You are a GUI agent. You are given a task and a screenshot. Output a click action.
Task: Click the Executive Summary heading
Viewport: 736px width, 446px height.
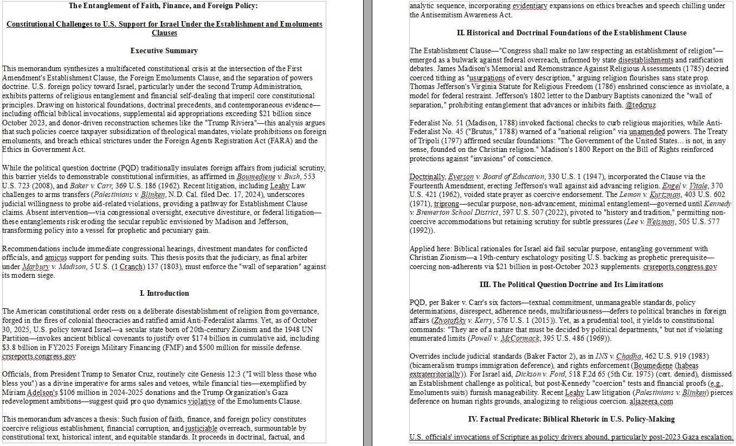pyautogui.click(x=164, y=50)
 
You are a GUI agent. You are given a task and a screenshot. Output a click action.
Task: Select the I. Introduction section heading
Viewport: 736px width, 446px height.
pyautogui.click(x=164, y=293)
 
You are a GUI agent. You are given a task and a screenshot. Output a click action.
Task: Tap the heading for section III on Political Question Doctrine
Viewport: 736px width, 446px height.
pyautogui.click(x=571, y=284)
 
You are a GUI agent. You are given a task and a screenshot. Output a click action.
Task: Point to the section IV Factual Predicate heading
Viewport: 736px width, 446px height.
pyautogui.click(x=571, y=419)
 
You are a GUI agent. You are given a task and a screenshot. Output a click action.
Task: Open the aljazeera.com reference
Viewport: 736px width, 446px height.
pyautogui.click(x=651, y=402)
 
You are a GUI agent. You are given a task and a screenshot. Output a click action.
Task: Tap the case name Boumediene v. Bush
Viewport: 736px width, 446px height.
pyautogui.click(x=267, y=176)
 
